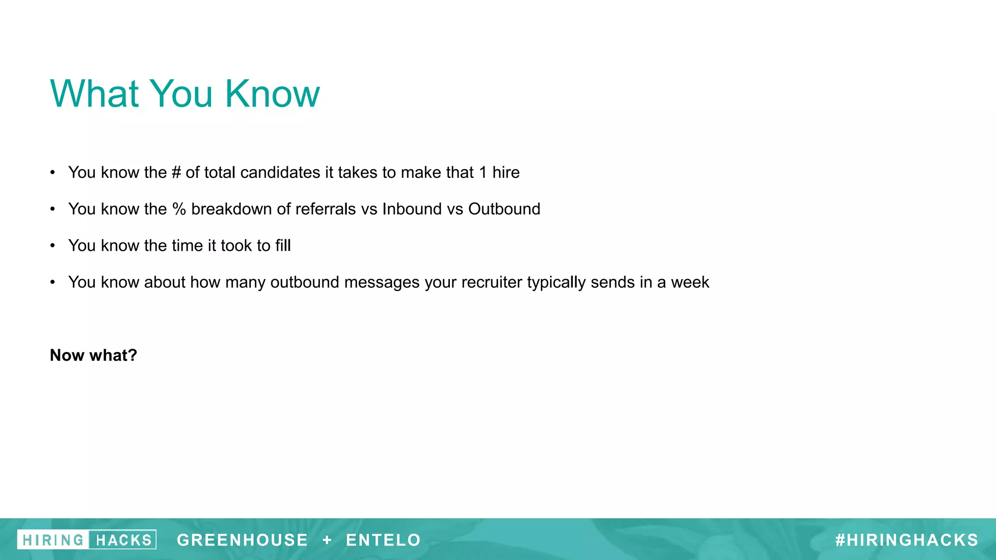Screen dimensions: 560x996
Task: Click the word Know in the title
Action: point(272,93)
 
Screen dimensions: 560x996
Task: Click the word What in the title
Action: point(95,93)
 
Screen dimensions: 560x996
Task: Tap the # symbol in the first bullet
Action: point(176,173)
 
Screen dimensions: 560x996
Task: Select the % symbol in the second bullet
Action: point(179,209)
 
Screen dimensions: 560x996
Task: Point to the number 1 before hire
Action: point(483,173)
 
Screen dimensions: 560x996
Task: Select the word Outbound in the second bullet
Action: point(504,209)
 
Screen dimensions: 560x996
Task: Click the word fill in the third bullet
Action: point(283,245)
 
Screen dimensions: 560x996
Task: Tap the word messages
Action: point(381,282)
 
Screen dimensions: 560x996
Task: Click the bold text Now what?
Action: point(93,355)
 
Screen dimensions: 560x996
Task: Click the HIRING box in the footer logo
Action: point(53,540)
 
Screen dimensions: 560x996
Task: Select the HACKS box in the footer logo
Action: point(123,540)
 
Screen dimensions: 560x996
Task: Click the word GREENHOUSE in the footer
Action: point(242,540)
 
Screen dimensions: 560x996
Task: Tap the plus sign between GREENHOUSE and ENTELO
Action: point(327,540)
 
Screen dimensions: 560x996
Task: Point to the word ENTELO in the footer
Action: point(383,540)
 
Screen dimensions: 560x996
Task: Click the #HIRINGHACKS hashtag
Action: point(907,540)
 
